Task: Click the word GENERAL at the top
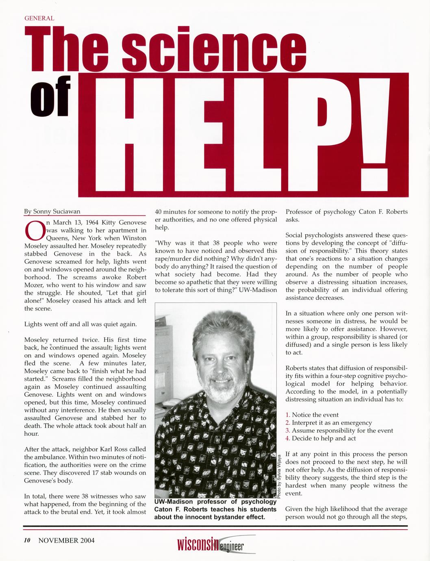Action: click(39, 18)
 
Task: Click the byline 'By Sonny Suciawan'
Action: click(52, 211)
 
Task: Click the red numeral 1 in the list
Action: click(287, 415)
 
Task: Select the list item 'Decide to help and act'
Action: click(324, 438)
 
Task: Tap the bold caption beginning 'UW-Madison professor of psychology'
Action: click(215, 509)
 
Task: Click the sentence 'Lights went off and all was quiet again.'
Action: click(80, 324)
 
